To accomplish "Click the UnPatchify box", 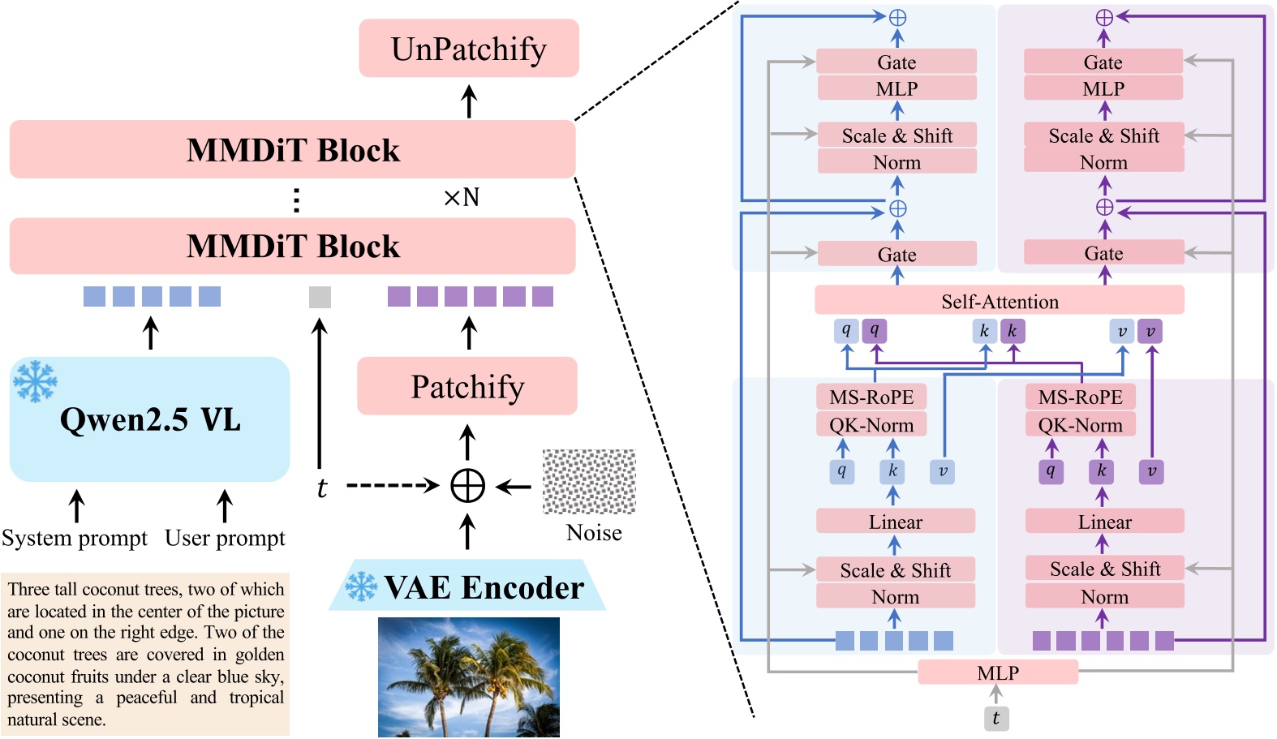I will (x=469, y=49).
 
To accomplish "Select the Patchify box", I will (x=467, y=386).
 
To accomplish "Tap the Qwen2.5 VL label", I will (x=150, y=420).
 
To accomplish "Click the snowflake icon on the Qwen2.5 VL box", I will (x=36, y=380).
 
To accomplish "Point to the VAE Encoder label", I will (x=484, y=587).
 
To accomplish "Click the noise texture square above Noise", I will (x=589, y=481).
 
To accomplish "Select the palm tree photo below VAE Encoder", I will (x=468, y=677).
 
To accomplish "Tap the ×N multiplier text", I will (x=462, y=197).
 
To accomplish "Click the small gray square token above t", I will (x=320, y=297).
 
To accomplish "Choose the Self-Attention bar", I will (x=999, y=301).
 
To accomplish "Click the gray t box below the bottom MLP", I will (x=996, y=718).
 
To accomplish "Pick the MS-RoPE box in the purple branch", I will (x=1080, y=397).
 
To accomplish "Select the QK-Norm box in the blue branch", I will (x=871, y=424).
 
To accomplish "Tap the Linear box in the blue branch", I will (x=895, y=522).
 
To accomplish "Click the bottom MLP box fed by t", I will (x=998, y=672).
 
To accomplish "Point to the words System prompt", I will (x=75, y=538).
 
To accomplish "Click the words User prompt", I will (x=225, y=538).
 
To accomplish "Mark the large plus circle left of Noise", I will (x=467, y=486).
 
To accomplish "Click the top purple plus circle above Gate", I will (x=1103, y=17).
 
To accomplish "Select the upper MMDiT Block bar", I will (x=292, y=149).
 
